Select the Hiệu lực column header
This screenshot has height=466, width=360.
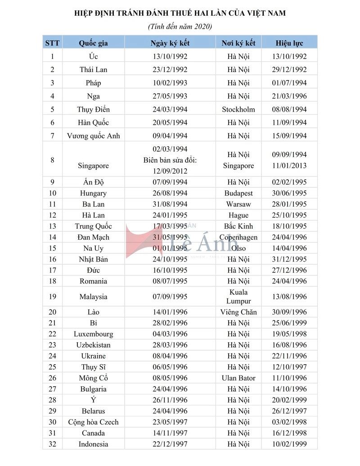(289, 43)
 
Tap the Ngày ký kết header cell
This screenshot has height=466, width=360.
(170, 43)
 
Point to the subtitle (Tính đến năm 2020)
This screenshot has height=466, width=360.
(180, 27)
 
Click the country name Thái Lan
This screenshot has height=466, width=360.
(93, 70)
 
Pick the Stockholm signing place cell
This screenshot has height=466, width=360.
(238, 109)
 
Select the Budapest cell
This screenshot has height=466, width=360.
(238, 193)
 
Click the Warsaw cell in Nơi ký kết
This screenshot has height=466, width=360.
(238, 204)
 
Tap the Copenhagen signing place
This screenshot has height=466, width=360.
(238, 237)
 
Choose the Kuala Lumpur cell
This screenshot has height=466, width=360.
(238, 297)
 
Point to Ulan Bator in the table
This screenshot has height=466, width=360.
(238, 378)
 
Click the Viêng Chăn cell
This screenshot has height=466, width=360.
(238, 312)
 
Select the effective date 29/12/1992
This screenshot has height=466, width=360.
(289, 70)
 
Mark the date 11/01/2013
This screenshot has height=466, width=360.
(289, 166)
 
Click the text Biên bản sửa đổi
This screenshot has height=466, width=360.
(170, 160)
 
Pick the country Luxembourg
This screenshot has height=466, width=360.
(93, 334)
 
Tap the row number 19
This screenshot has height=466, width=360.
(52, 297)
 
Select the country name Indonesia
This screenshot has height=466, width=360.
(93, 444)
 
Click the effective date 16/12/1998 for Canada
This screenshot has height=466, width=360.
(289, 433)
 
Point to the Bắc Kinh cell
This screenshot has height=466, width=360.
(238, 226)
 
